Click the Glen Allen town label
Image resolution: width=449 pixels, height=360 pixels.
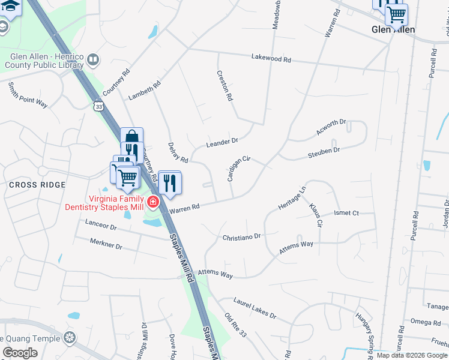(393, 29)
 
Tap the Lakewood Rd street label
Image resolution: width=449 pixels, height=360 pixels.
(271, 59)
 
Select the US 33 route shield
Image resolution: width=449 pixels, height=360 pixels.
(98, 106)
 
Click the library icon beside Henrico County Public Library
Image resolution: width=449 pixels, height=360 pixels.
(93, 59)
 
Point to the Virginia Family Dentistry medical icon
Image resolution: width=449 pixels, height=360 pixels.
(153, 202)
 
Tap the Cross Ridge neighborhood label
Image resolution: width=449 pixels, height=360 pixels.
(37, 185)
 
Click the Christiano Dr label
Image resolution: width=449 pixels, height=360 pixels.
(242, 237)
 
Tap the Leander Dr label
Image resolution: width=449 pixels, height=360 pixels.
(222, 142)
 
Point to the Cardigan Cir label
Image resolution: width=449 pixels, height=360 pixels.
(238, 169)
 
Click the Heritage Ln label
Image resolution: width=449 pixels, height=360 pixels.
(292, 197)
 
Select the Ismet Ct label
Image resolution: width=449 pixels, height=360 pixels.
(346, 213)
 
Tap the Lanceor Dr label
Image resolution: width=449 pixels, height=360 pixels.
(100, 226)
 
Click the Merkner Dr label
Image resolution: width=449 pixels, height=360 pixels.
(106, 246)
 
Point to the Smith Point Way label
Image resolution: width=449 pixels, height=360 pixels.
(28, 95)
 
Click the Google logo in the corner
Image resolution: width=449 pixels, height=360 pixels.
(20, 353)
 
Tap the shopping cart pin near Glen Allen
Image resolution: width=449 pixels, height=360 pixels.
(396, 14)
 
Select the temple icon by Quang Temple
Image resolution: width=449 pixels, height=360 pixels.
(70, 338)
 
